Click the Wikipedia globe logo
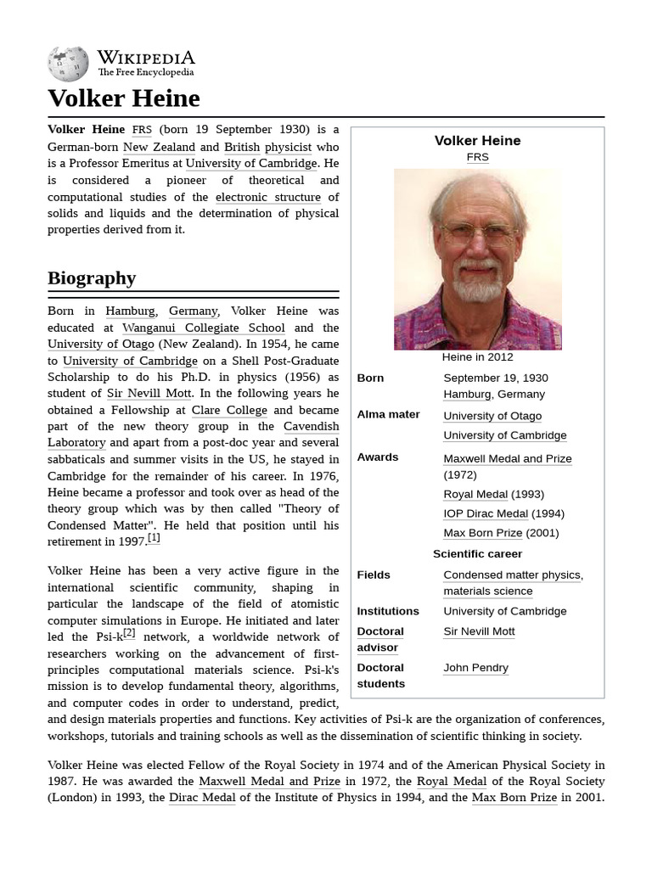68,62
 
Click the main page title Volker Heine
124,98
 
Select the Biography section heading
92,278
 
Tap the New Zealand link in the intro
159,147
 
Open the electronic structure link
267,197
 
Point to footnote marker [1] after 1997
154,538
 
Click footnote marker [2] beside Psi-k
129,633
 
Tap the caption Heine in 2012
477,357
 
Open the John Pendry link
475,668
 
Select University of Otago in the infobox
492,416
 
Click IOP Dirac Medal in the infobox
486,513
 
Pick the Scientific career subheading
477,554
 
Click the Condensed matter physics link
512,575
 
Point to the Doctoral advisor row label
380,639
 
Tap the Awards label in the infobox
378,457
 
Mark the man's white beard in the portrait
477,284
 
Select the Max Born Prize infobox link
482,533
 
